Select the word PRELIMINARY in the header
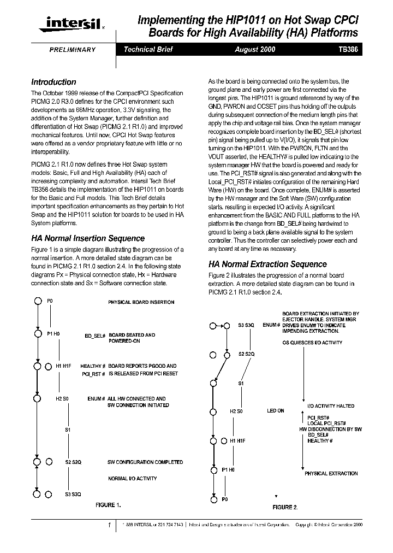pos(73,50)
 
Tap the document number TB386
pos(348,49)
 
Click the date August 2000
pos(255,49)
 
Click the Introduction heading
pos(53,82)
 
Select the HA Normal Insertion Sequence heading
pos(88,238)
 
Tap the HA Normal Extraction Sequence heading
pos(267,264)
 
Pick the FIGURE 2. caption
pos(285,507)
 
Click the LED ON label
pos(275,410)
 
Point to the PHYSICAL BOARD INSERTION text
pos(141,302)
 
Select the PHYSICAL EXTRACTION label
pos(331,473)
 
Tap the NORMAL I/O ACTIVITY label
pos(132,479)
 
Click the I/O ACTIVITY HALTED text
pos(330,406)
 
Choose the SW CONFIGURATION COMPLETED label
pos(145,462)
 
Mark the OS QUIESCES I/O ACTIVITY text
pos(312,343)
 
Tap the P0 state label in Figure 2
pos(225,499)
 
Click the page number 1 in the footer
pos(110,525)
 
